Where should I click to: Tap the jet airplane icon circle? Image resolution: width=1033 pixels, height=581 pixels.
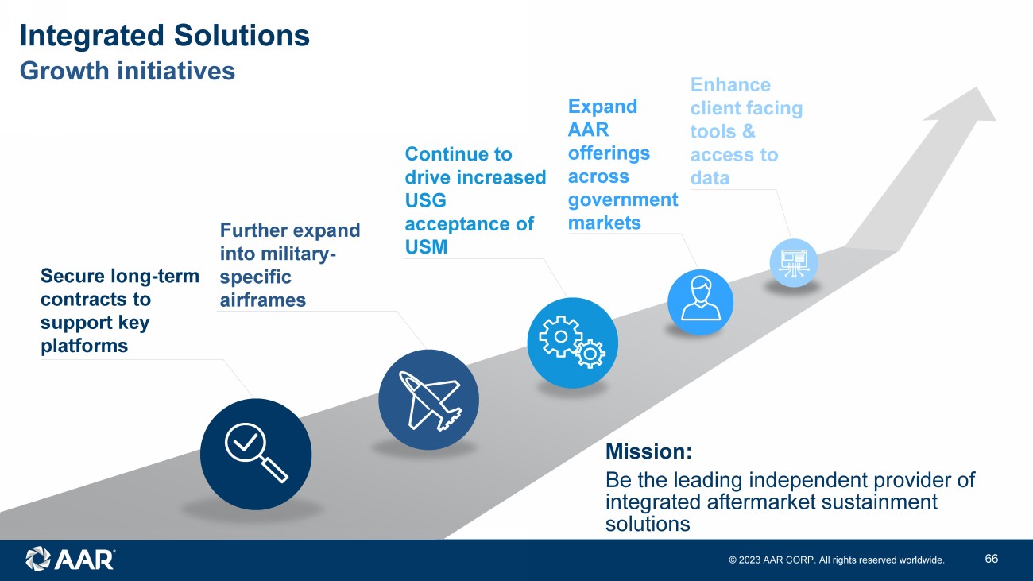(x=428, y=399)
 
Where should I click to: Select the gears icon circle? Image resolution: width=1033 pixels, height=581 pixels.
(x=572, y=343)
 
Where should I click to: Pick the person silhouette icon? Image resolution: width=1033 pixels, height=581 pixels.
(x=700, y=301)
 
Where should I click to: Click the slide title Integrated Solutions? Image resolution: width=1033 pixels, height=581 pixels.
(x=164, y=36)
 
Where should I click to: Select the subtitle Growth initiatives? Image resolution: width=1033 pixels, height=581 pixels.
(x=127, y=71)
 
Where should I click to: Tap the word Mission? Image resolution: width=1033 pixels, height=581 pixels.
(x=648, y=452)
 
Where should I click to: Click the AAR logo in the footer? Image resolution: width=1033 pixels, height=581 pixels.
(x=70, y=559)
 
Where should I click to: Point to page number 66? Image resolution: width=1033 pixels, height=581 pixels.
(x=991, y=559)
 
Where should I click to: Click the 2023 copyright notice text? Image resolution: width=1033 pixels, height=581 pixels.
(x=837, y=560)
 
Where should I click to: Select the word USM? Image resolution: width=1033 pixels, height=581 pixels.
(x=427, y=247)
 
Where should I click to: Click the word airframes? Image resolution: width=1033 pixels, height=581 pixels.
(x=262, y=300)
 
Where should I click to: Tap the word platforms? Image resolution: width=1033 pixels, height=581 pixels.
(x=84, y=347)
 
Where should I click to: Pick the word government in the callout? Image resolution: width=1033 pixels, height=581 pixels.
(x=623, y=199)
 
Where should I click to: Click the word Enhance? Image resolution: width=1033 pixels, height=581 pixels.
(x=730, y=85)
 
